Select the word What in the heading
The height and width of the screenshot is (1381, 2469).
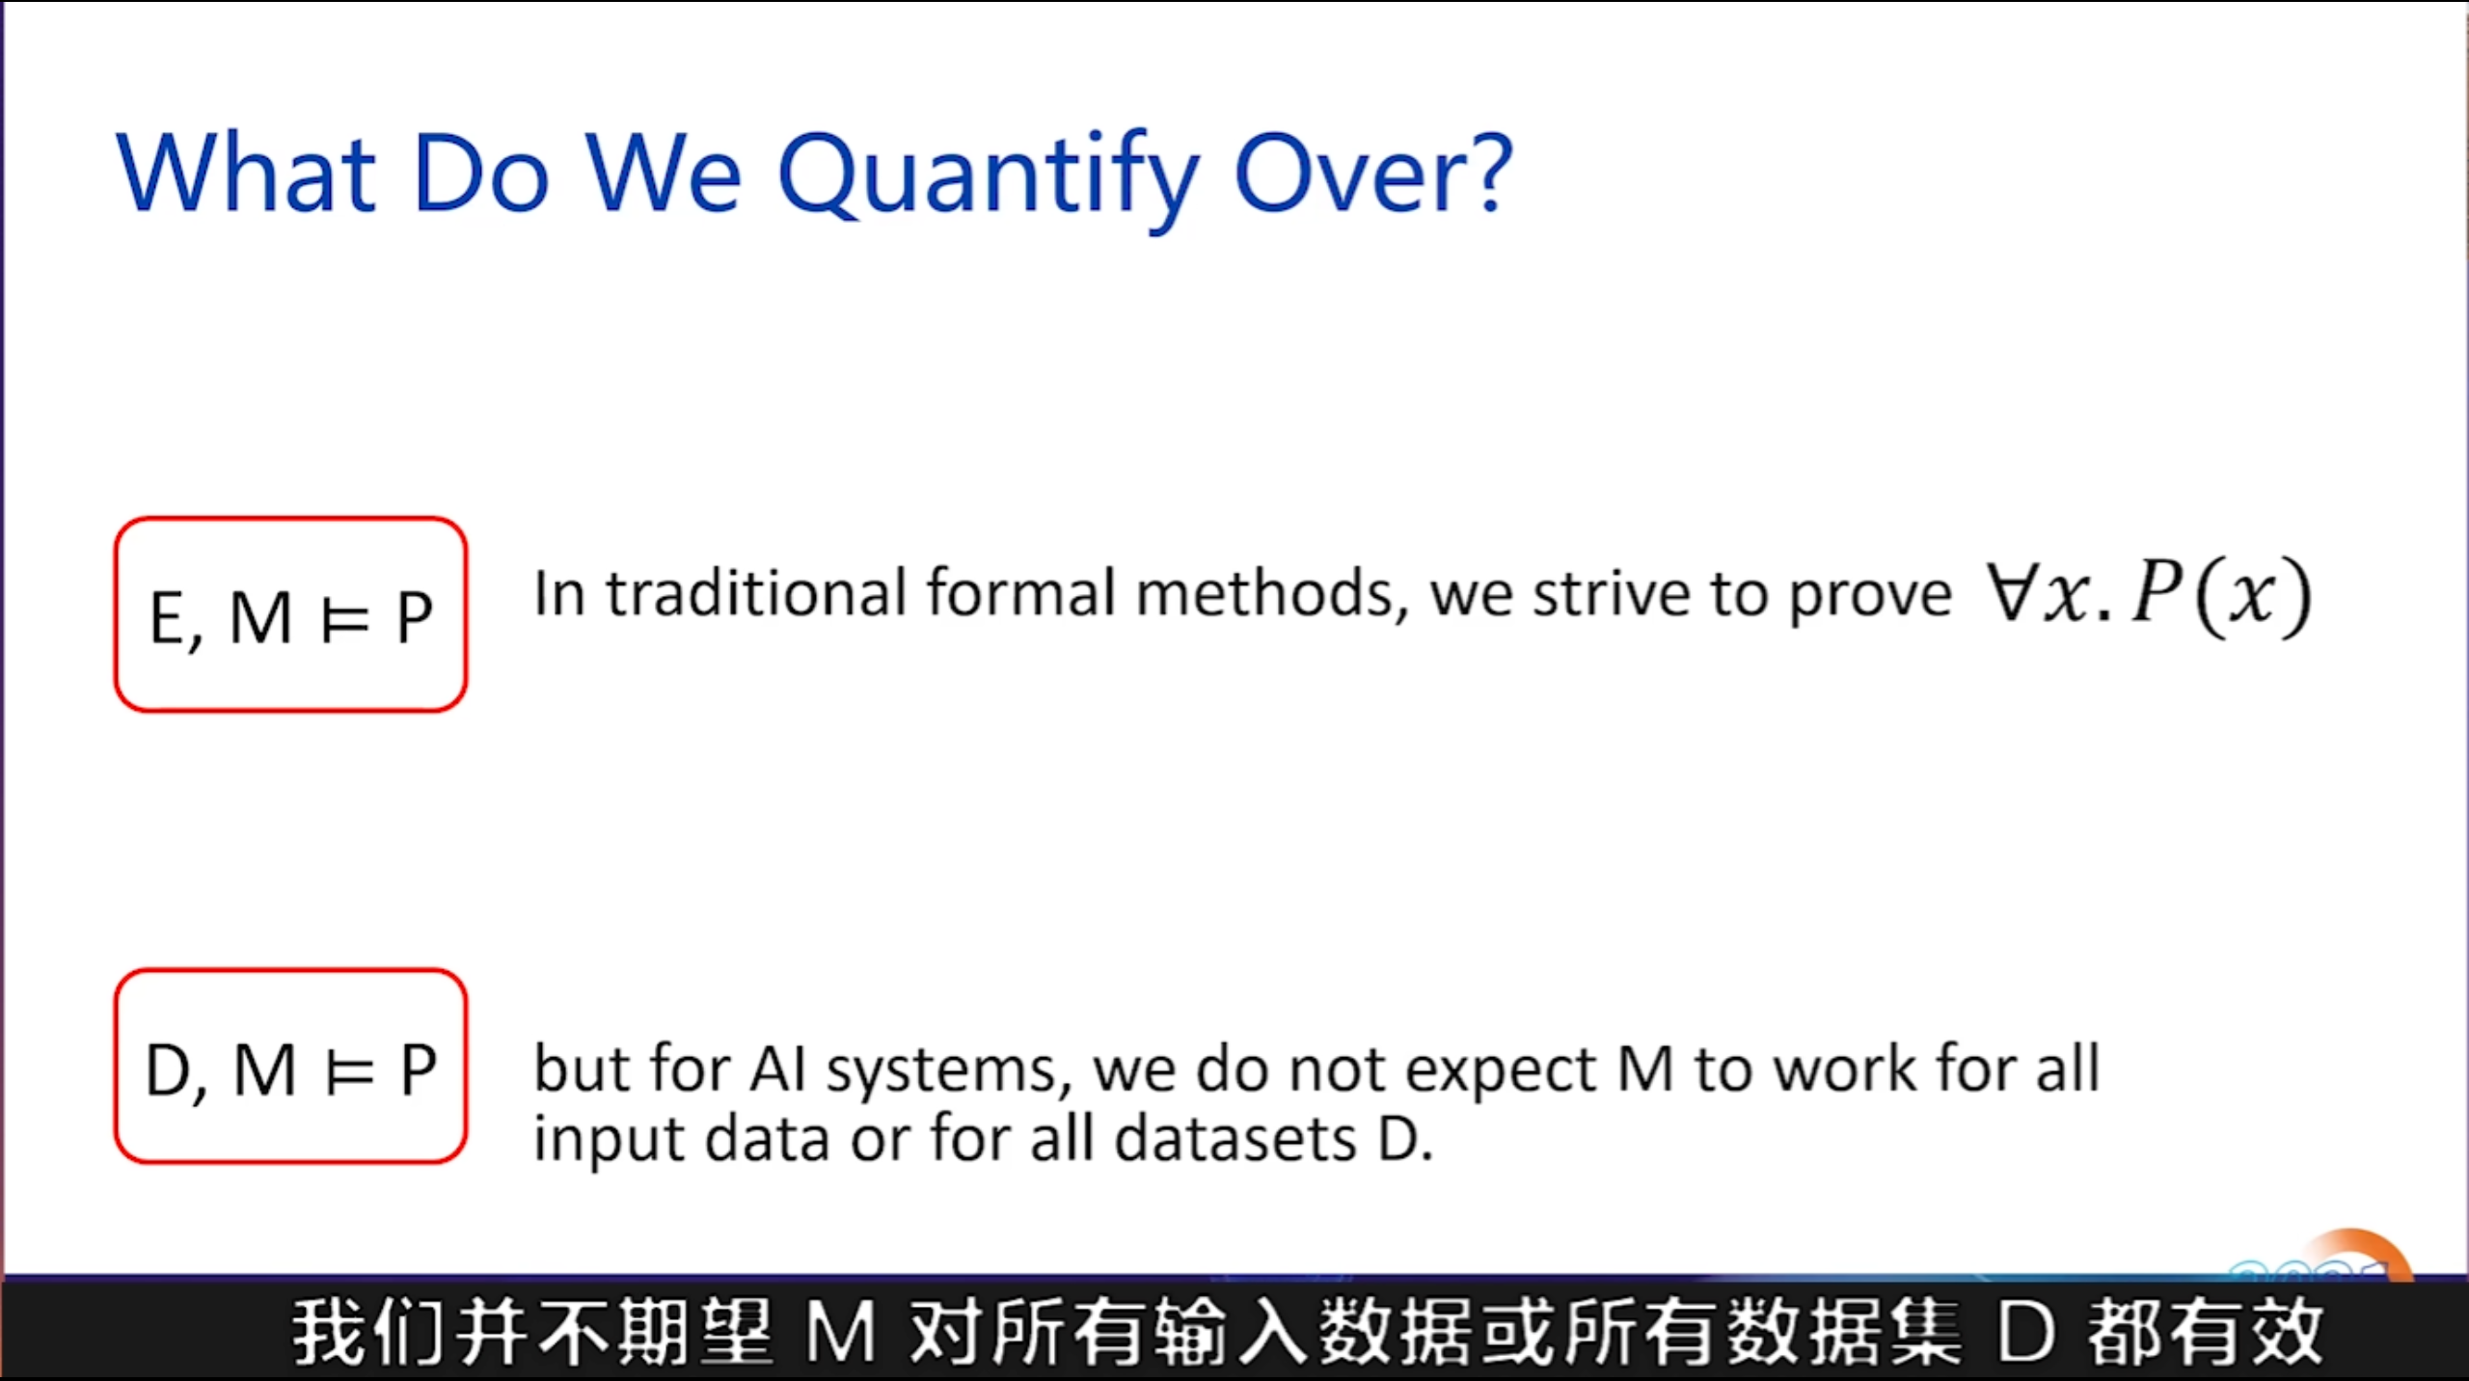[246, 172]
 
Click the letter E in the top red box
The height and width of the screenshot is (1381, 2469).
[168, 617]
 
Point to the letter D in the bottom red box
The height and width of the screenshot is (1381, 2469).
[167, 1070]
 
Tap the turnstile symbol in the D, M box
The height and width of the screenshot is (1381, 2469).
[349, 1071]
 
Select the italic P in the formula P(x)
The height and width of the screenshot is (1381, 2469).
[2158, 590]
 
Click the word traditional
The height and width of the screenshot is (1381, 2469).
[757, 592]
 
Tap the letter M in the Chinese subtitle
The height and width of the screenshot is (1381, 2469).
[841, 1332]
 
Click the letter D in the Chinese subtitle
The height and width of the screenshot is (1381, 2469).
[2026, 1332]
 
